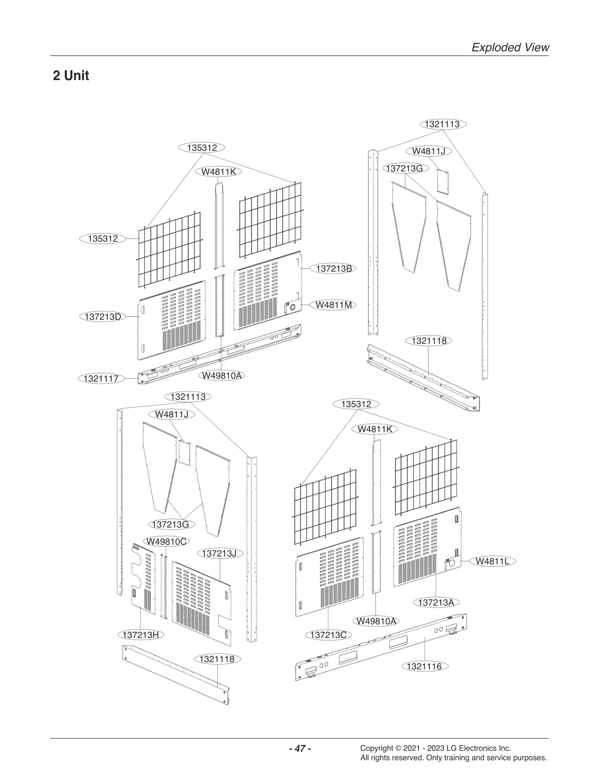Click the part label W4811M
point(334,305)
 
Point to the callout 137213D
point(103,316)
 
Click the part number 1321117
point(101,378)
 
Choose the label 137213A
point(436,602)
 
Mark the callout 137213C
point(329,635)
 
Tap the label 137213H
point(141,635)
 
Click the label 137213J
point(219,554)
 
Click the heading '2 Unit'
point(71,76)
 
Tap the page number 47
point(299,749)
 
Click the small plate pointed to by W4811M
point(292,307)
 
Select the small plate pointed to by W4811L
point(451,563)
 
